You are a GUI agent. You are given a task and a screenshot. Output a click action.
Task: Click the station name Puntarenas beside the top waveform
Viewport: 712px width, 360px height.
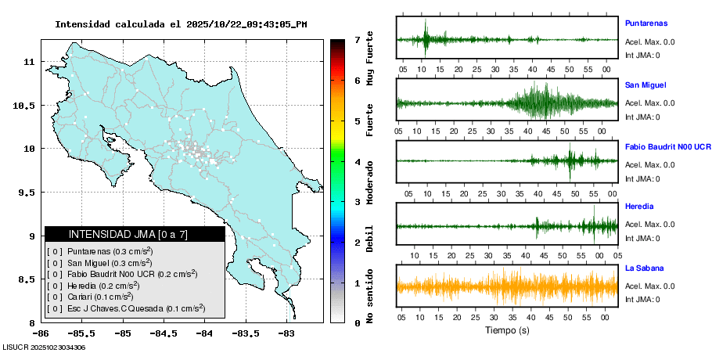point(645,23)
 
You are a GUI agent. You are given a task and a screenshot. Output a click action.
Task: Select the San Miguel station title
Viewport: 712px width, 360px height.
point(645,85)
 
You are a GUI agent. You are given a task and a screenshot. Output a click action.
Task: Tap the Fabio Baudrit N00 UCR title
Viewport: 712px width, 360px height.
point(667,146)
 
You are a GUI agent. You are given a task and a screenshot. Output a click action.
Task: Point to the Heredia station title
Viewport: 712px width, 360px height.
point(639,207)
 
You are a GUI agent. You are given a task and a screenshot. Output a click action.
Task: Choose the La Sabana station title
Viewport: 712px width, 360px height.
point(645,268)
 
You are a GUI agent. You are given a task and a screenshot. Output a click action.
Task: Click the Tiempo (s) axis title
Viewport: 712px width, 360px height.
point(506,330)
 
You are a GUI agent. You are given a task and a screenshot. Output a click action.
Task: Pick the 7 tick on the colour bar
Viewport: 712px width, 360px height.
point(357,39)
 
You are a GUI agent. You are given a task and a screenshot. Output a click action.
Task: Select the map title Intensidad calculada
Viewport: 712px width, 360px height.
point(180,24)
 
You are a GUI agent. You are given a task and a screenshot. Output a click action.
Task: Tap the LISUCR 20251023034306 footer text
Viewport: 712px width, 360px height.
point(44,347)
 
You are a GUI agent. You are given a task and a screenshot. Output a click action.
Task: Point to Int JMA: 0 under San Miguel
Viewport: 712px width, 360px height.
point(642,117)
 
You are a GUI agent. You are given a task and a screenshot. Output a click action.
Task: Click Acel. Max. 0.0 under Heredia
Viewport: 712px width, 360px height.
point(649,225)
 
